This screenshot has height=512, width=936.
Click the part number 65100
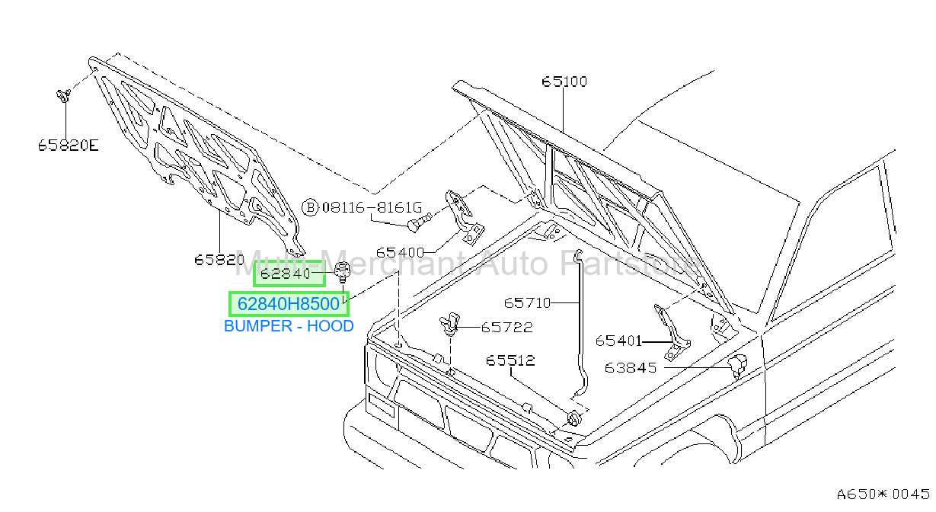(x=564, y=81)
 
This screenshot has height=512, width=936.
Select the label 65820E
(x=68, y=146)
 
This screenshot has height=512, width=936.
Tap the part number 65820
(x=219, y=260)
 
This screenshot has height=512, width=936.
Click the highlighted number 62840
(x=286, y=274)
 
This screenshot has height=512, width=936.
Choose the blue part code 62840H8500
(x=289, y=304)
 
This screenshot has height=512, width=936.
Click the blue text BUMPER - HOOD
(x=289, y=326)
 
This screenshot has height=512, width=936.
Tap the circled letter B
(x=310, y=207)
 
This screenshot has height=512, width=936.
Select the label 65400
(x=400, y=252)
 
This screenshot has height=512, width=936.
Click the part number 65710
(x=527, y=302)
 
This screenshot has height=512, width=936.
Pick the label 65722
(x=507, y=327)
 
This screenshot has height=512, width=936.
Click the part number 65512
(x=510, y=360)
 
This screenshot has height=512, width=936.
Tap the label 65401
(x=618, y=341)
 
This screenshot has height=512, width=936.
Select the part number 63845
(x=631, y=368)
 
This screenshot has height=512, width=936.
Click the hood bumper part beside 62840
(x=342, y=271)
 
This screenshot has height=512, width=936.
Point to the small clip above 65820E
(x=63, y=96)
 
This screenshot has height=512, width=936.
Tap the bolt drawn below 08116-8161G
(x=419, y=222)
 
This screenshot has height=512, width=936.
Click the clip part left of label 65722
(x=449, y=324)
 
